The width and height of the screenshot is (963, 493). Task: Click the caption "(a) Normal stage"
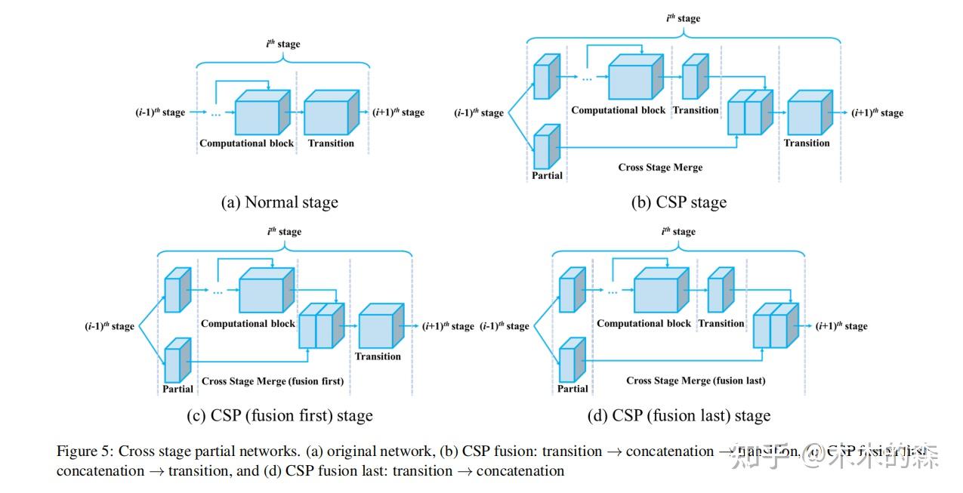coord(279,202)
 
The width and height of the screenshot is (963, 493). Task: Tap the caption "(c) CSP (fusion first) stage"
coord(279,416)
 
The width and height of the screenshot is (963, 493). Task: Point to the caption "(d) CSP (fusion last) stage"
coord(678,416)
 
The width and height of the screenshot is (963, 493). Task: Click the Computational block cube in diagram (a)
coord(261,113)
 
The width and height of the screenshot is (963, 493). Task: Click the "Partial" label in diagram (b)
coord(547,175)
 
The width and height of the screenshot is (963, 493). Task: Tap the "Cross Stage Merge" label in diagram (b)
coord(660,167)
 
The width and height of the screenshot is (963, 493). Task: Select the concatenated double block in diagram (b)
coord(750,113)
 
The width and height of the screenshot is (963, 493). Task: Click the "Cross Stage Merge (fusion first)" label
coord(272,381)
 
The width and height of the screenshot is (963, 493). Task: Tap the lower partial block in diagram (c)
coord(177,361)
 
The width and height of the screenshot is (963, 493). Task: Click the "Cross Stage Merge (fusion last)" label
coord(696,381)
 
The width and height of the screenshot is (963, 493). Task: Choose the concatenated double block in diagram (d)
coord(775,326)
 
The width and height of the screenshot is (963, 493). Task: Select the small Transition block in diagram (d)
coord(720,291)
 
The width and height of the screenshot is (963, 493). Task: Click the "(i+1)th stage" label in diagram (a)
coord(398,112)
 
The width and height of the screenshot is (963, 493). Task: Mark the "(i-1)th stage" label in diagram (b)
coord(478,113)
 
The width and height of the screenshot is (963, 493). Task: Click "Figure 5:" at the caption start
coord(84,451)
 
